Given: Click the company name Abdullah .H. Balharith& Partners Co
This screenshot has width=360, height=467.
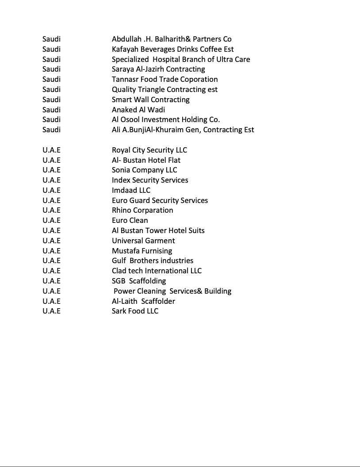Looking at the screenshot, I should coord(172,39).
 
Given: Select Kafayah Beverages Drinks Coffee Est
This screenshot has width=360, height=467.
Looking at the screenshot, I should coord(172,49).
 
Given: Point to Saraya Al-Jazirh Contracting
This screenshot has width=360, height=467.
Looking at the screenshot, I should coord(158,69).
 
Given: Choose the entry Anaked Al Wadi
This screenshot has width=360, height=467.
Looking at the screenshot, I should coord(138,110).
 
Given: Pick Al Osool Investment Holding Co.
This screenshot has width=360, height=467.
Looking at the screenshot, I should coord(165,119).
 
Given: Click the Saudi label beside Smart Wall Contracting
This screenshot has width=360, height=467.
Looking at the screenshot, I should coord(51,100).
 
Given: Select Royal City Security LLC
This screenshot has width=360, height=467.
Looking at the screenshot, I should coord(149,150).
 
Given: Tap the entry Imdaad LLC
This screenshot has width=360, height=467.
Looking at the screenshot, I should coord(131,190).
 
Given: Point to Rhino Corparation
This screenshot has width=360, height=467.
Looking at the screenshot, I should coord(142,210).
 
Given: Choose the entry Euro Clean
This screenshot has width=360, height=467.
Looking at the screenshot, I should coord(130,220).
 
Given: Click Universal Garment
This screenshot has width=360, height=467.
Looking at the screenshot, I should coord(143,241).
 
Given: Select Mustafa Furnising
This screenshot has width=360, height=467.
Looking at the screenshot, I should coord(142,251).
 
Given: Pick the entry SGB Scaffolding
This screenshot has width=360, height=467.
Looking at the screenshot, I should coord(139,281).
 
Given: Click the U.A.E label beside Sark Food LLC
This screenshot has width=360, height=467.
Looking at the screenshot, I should coord(51,311).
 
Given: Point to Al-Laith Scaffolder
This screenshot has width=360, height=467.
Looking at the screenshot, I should coord(143,301).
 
